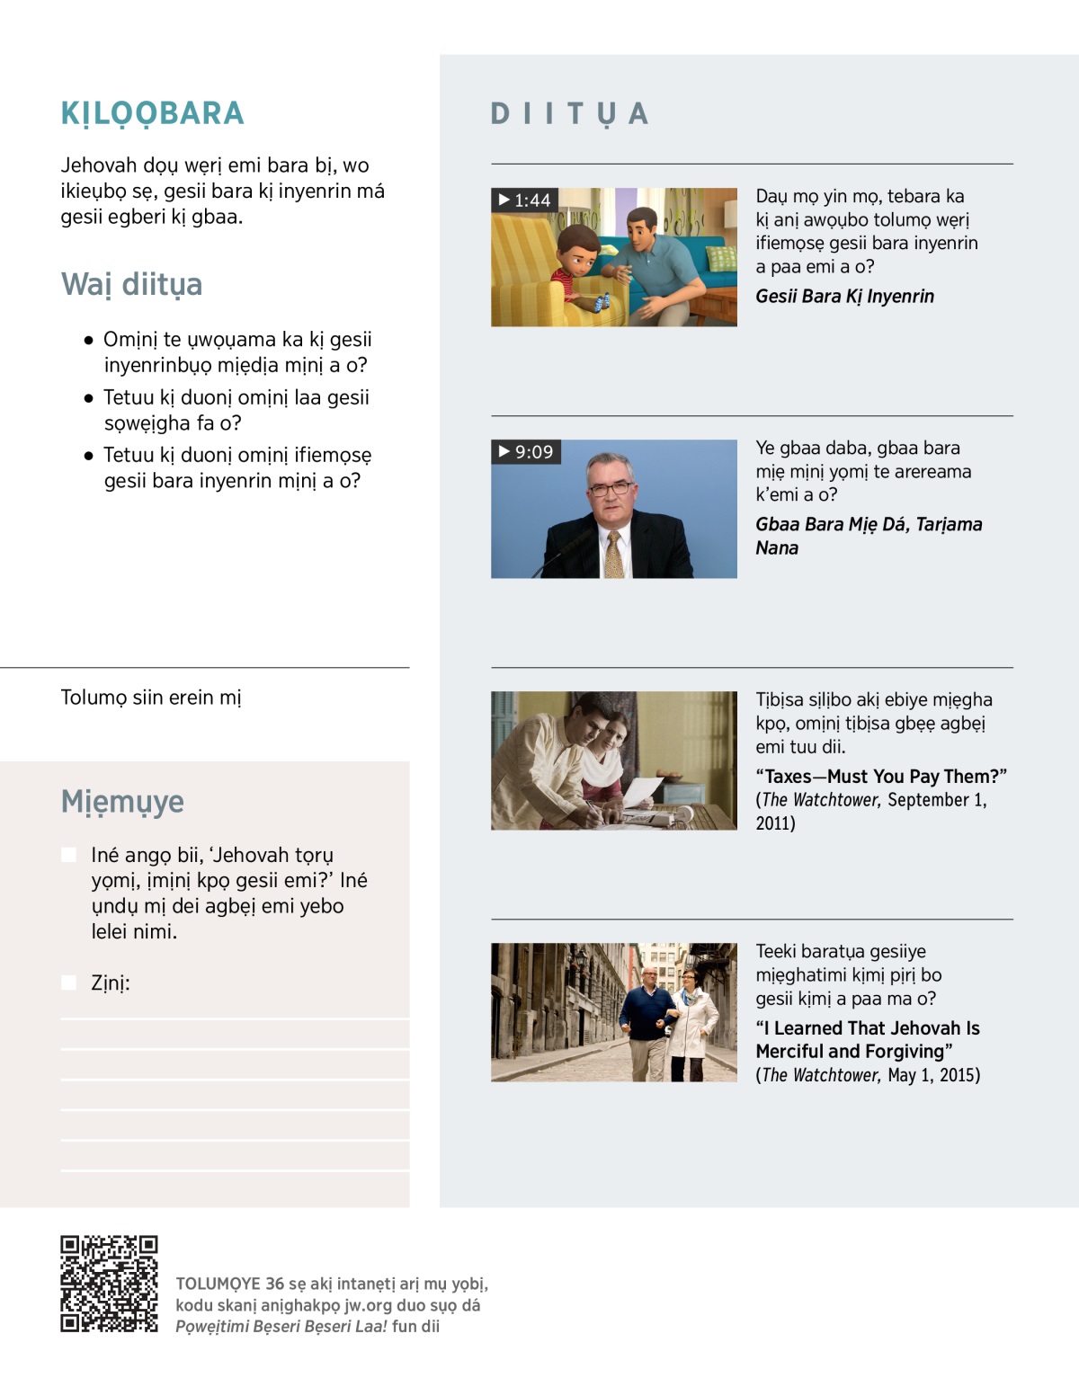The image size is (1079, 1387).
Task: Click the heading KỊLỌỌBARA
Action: (x=152, y=113)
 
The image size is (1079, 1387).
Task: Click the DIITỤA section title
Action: (x=569, y=114)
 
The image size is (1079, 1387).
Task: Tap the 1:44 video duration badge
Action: (x=525, y=200)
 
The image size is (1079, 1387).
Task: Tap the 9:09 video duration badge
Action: (x=526, y=451)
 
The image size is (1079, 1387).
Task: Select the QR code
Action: (x=109, y=1283)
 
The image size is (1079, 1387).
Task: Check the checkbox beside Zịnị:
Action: (x=69, y=982)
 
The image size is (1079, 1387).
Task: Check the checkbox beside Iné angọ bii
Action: (x=69, y=855)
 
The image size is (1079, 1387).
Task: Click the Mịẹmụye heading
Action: (x=122, y=801)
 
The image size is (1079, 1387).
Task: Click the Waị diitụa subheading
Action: (x=131, y=284)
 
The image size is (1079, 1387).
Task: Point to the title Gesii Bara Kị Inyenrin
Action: (x=844, y=297)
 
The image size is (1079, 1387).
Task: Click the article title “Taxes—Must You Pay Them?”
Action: (x=881, y=777)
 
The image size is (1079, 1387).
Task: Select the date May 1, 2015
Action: (x=933, y=1075)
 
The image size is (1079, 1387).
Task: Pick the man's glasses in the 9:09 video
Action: (x=610, y=489)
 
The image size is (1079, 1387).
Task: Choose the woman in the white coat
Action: (x=693, y=1016)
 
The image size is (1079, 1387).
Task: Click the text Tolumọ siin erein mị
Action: (x=151, y=698)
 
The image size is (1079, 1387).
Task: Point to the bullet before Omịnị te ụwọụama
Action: (x=88, y=341)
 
